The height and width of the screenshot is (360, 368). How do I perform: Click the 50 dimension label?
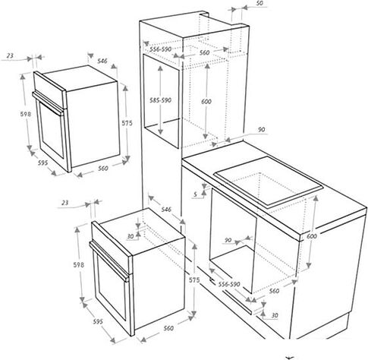pos(259,3)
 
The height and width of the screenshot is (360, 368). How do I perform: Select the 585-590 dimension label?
pos(160,100)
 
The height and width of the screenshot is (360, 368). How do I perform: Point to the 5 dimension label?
pos(195,194)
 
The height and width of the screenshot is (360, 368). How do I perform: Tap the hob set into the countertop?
pos(269,181)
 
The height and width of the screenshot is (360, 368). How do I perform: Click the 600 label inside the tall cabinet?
pos(206,101)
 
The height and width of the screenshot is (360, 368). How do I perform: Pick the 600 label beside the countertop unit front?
pos(312,236)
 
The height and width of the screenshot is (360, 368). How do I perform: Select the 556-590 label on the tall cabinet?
pos(160,49)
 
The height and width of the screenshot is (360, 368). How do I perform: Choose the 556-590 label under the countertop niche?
pos(229,284)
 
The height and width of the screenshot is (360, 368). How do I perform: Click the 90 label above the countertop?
pos(262,130)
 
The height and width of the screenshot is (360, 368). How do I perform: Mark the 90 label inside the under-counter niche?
pos(228,240)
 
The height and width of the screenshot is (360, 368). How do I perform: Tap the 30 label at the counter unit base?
pos(275,315)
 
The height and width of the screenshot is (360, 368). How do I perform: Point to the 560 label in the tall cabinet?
pos(204,52)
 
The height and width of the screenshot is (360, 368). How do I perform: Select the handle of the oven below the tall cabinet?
pos(109,262)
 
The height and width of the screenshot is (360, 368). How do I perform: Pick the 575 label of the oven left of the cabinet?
pos(127,123)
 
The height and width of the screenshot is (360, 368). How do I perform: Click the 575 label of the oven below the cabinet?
pos(194,280)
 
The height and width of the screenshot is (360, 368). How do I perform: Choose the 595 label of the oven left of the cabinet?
pos(42,163)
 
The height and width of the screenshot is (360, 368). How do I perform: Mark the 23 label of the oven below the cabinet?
pos(65,203)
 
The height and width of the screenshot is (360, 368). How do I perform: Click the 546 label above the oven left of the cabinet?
pos(102,61)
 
